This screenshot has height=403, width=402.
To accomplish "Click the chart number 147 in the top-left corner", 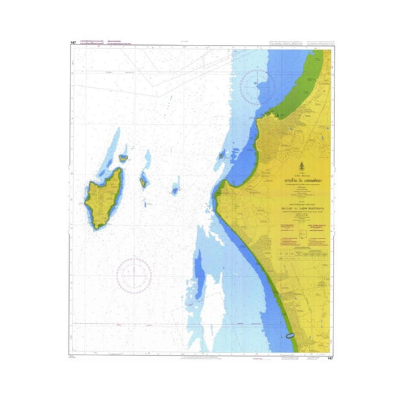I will tap(72, 43).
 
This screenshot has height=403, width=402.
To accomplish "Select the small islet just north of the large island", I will tap(123, 159).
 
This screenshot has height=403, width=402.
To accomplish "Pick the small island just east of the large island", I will tap(143, 181).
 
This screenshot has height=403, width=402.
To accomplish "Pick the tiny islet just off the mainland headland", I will tap(221, 155).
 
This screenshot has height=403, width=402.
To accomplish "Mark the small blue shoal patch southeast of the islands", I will tap(175, 191).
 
